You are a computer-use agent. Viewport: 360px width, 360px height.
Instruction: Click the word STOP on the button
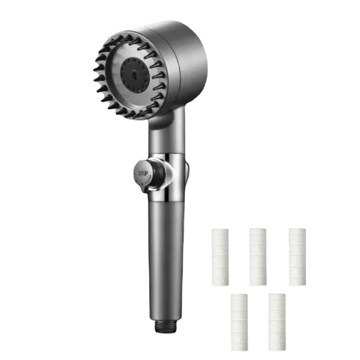(x=143, y=174)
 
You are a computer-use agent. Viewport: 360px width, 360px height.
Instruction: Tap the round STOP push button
(x=142, y=173)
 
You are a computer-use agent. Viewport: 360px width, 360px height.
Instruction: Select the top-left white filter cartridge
(x=220, y=257)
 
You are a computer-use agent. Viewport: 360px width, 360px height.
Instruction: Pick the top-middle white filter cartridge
(x=258, y=257)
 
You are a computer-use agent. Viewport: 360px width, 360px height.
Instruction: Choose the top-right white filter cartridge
(x=297, y=257)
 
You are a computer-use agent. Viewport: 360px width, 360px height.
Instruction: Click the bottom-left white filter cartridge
(x=239, y=322)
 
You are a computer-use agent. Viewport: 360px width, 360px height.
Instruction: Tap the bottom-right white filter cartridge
(x=277, y=322)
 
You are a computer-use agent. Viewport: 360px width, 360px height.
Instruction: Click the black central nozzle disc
(x=133, y=73)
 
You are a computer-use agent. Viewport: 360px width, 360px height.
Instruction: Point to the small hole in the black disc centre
(x=134, y=73)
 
